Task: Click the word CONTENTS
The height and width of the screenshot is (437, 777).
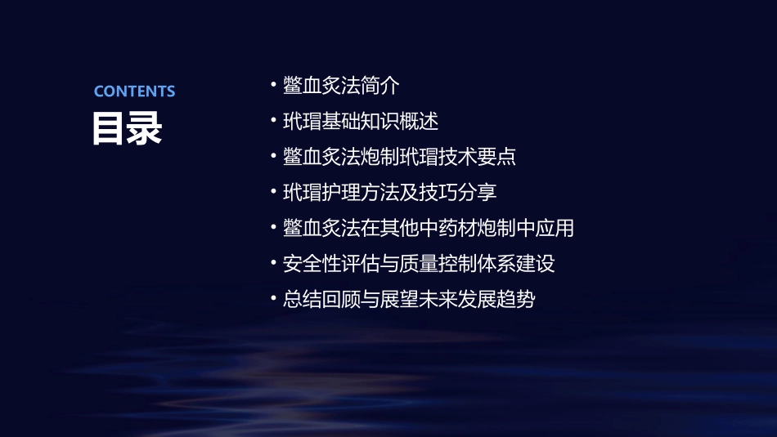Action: click(134, 91)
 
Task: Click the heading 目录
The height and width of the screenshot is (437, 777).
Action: click(127, 129)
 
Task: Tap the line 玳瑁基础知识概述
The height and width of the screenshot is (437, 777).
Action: click(361, 122)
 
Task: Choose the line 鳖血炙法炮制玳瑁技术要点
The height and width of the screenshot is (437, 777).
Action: click(399, 157)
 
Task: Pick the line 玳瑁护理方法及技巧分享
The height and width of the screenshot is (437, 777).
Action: click(389, 193)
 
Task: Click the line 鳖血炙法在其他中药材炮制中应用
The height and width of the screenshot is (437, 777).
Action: click(428, 228)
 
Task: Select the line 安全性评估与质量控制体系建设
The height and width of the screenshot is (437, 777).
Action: click(419, 264)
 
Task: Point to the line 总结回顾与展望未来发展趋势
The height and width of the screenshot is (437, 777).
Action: click(409, 300)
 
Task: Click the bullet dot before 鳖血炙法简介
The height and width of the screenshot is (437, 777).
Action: click(273, 86)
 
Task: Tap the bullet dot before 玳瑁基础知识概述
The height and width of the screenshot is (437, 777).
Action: click(273, 122)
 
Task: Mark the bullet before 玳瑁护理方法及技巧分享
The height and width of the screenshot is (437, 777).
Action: click(273, 193)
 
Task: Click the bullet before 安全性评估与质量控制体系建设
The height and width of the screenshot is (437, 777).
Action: click(273, 264)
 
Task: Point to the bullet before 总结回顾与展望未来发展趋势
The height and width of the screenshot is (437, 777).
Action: click(273, 300)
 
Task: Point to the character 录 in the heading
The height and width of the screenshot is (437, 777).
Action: click(145, 129)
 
